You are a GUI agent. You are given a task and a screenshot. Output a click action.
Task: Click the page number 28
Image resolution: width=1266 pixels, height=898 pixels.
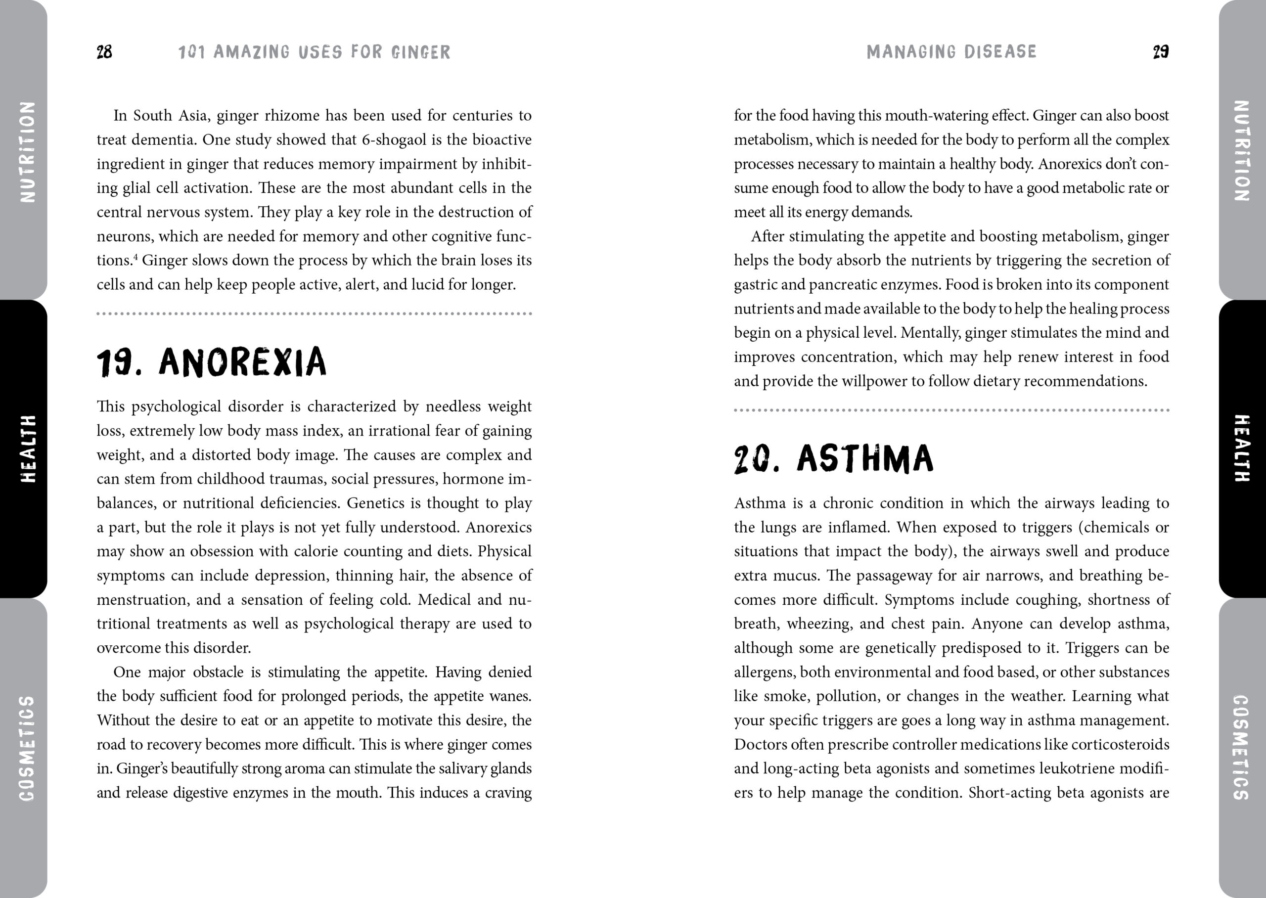pos(104,52)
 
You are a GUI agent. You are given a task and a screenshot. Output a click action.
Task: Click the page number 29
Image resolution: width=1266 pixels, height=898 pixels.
pos(1160,52)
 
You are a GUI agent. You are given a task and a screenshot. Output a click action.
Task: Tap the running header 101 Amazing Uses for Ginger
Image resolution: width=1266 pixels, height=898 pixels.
pos(314,52)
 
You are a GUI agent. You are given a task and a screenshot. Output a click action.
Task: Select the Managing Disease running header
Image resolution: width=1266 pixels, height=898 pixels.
pos(951,51)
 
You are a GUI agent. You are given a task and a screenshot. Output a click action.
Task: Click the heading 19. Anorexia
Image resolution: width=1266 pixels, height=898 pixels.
pos(212,362)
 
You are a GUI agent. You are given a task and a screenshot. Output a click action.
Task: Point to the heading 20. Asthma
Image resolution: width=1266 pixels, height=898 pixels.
pos(834,459)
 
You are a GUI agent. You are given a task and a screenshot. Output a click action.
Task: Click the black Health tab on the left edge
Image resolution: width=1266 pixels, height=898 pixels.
pos(24,449)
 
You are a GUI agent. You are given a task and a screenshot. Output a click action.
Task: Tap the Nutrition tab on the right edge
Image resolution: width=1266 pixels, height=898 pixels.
pos(1242,150)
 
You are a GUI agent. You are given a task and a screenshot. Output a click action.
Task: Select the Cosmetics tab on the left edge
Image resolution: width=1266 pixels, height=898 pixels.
pos(25,748)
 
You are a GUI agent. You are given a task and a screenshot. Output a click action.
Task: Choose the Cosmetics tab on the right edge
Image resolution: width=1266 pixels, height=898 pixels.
pos(1242,748)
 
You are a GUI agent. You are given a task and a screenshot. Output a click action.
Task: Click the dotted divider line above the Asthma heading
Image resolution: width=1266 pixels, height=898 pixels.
pos(951,410)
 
